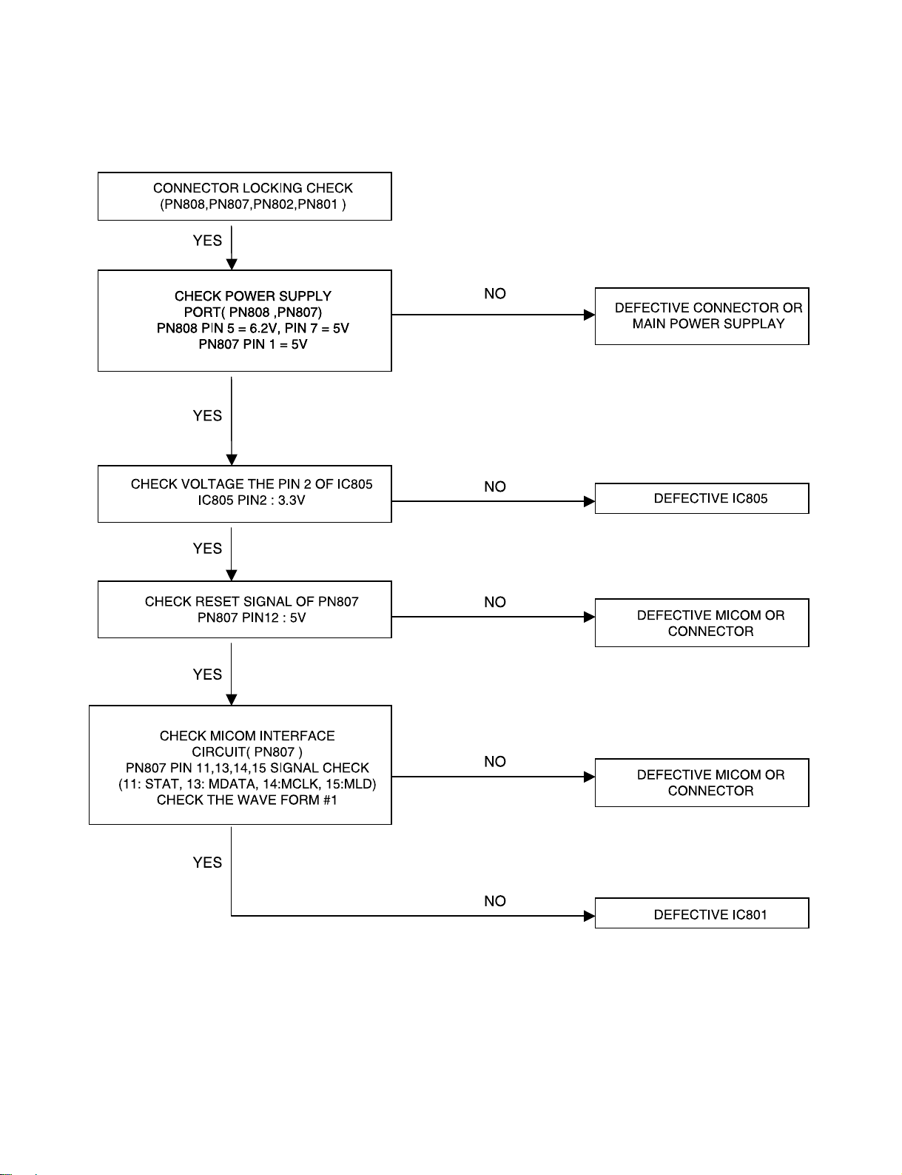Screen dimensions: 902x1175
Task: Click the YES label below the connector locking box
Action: click(x=207, y=241)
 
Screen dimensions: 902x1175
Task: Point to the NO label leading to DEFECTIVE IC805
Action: click(x=494, y=486)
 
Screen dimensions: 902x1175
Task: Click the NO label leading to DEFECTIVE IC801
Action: click(x=494, y=901)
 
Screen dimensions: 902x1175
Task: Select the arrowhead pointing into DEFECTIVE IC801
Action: click(x=590, y=916)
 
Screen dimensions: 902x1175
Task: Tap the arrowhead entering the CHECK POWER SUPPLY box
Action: click(x=232, y=264)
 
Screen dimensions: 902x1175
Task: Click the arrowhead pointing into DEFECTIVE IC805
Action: click(x=590, y=501)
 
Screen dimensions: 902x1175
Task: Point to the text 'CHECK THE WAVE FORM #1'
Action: click(x=247, y=800)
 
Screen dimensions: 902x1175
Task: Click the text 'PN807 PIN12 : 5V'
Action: click(x=252, y=617)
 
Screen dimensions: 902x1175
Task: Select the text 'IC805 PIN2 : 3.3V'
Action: click(x=252, y=501)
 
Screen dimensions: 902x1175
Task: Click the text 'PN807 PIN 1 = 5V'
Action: click(x=253, y=344)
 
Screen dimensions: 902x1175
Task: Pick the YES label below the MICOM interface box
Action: click(x=207, y=863)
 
